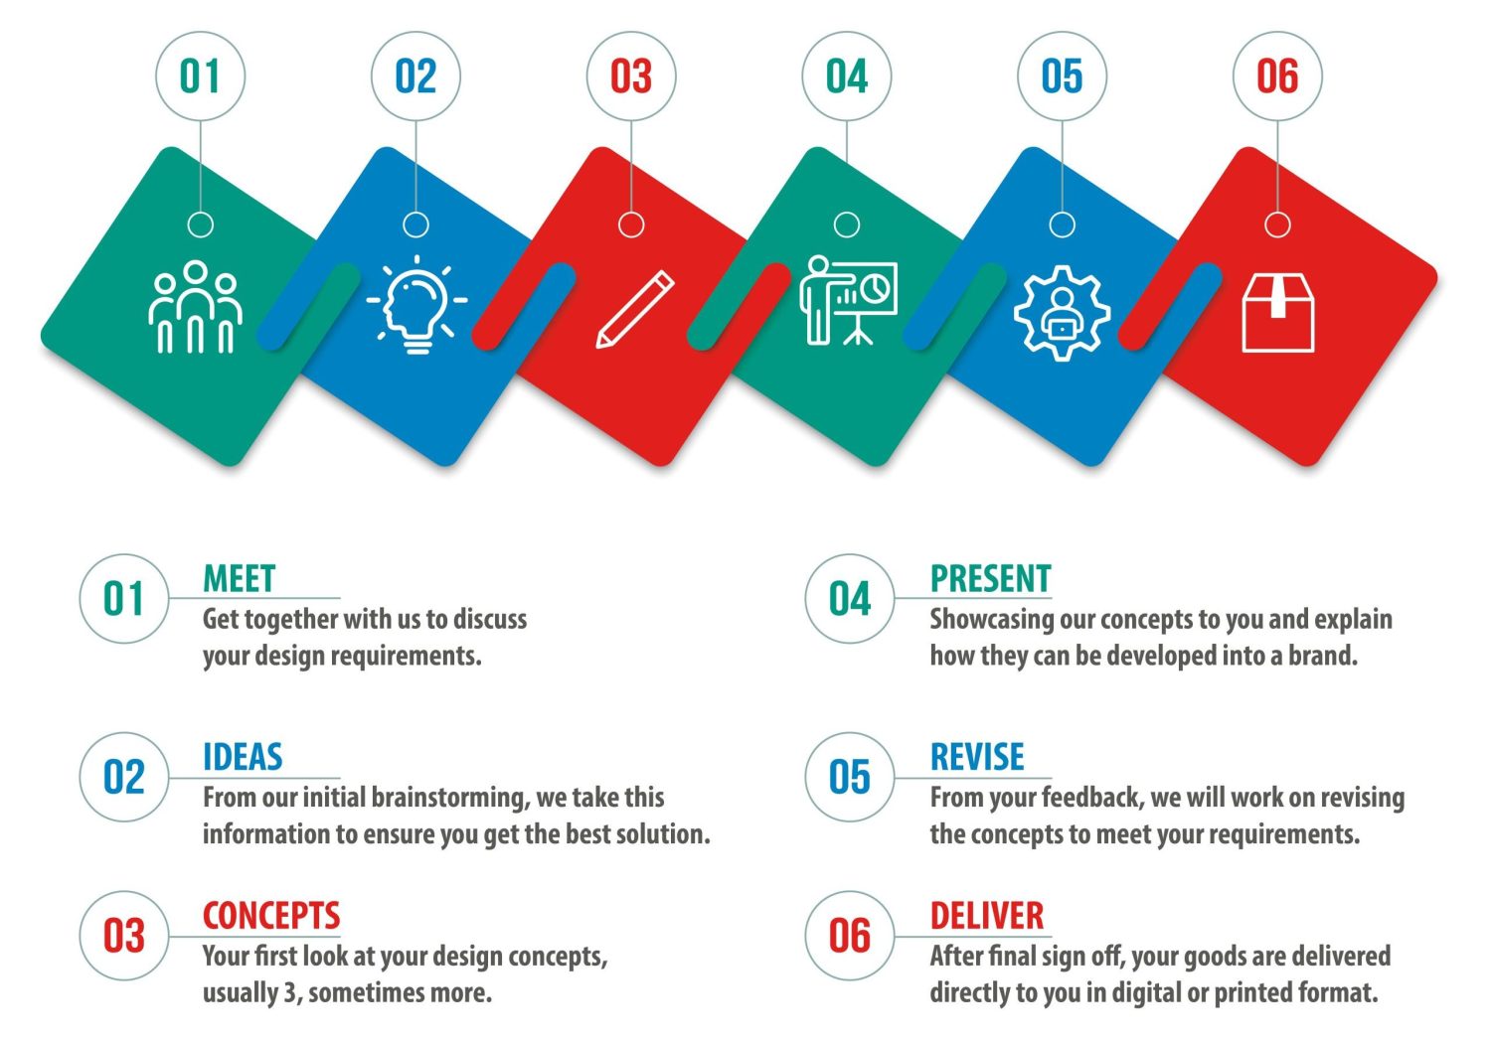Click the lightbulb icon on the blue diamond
[x=416, y=305]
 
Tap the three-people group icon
[x=195, y=307]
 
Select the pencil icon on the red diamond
[x=635, y=309]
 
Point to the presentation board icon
[x=848, y=301]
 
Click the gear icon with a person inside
[x=1063, y=313]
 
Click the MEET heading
[x=239, y=578]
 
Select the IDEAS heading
[x=243, y=757]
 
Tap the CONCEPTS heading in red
[x=271, y=916]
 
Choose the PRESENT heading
[x=990, y=578]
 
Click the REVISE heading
[x=977, y=757]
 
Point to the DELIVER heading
[x=987, y=916]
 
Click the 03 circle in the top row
[x=631, y=75]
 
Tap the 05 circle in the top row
[x=1063, y=75]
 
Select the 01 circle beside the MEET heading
[x=124, y=599]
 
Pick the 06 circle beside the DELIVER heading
[x=849, y=936]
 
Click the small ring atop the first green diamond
[x=201, y=224]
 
